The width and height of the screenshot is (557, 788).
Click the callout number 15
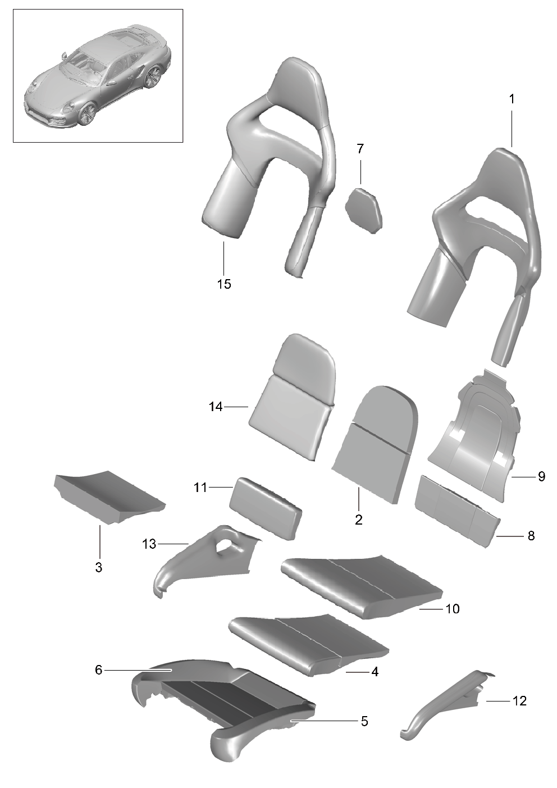[224, 284]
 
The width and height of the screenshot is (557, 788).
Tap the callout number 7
[360, 149]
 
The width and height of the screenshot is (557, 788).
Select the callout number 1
[512, 99]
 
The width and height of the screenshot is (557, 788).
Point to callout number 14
[216, 407]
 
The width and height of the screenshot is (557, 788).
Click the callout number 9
[541, 477]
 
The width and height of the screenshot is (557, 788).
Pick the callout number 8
[531, 536]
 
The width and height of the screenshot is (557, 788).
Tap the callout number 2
[359, 520]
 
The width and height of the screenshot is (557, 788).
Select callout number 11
[200, 488]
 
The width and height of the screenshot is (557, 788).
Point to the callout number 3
[98, 567]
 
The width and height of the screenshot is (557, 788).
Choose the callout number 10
[452, 609]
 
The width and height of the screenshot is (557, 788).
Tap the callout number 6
[98, 670]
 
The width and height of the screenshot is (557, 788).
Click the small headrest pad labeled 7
[364, 211]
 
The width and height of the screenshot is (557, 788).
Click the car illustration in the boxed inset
[98, 76]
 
